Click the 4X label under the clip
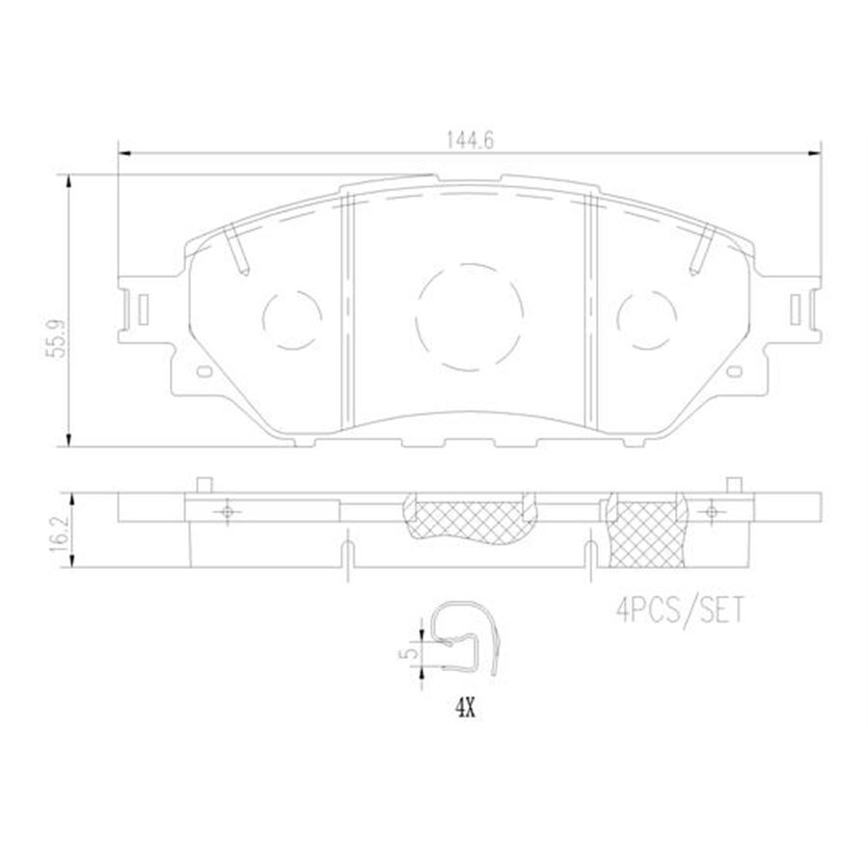click(466, 710)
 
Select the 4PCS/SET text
click(681, 610)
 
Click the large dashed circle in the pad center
click(470, 316)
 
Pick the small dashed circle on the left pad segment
click(292, 316)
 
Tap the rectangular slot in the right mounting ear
click(795, 310)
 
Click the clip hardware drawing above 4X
click(468, 640)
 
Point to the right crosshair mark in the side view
click(712, 510)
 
